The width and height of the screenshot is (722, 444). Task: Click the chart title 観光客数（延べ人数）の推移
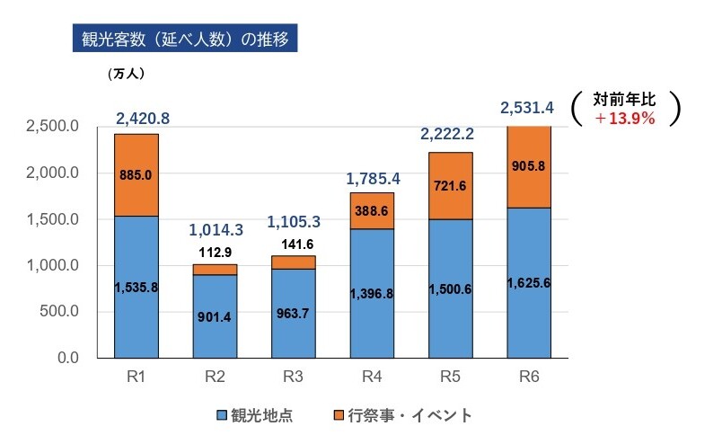coord(180,41)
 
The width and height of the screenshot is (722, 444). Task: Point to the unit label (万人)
coord(126,74)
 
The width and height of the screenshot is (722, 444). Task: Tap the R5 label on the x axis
coord(450,377)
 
